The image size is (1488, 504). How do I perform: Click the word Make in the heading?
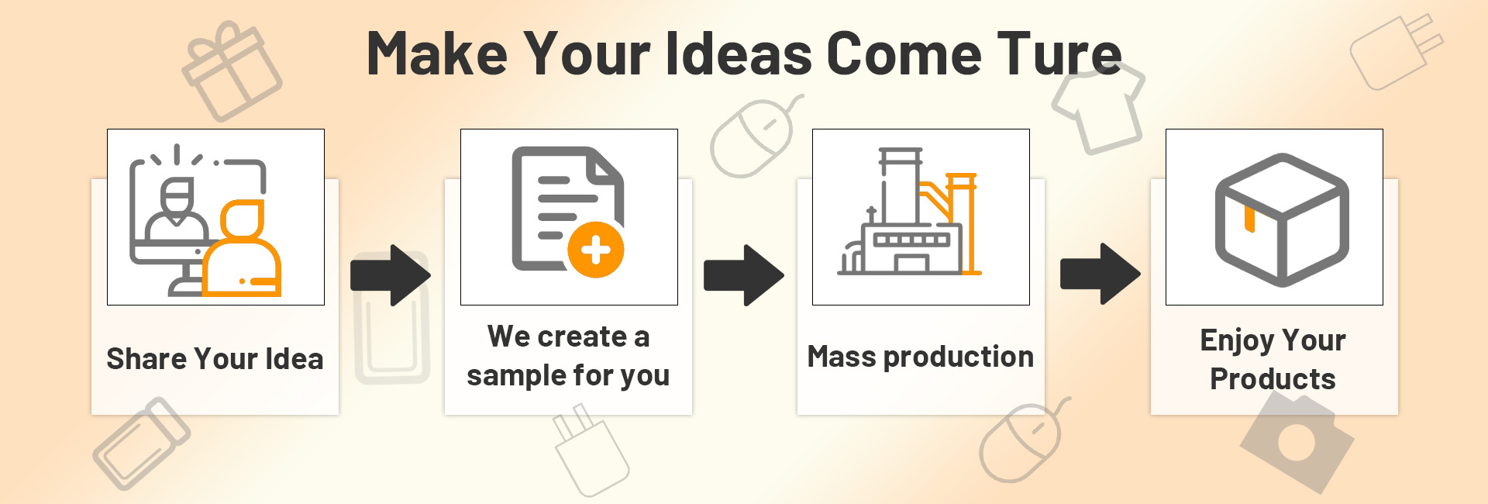[x=437, y=54]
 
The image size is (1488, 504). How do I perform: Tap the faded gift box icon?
[x=232, y=71]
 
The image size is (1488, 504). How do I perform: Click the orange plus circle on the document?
[x=596, y=250]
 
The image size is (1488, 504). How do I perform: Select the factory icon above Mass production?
[x=909, y=211]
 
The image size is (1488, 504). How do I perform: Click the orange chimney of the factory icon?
[x=963, y=223]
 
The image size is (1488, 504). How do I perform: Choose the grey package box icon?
[x=1282, y=219]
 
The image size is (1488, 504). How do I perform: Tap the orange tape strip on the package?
[x=1249, y=219]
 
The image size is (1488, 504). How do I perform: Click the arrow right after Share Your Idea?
[x=391, y=275]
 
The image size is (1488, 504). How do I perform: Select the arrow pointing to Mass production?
[x=744, y=275]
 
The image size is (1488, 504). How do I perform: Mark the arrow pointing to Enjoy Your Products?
[x=1100, y=274]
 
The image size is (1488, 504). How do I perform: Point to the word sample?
[x=517, y=376]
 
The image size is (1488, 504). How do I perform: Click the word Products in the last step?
[x=1273, y=379]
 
